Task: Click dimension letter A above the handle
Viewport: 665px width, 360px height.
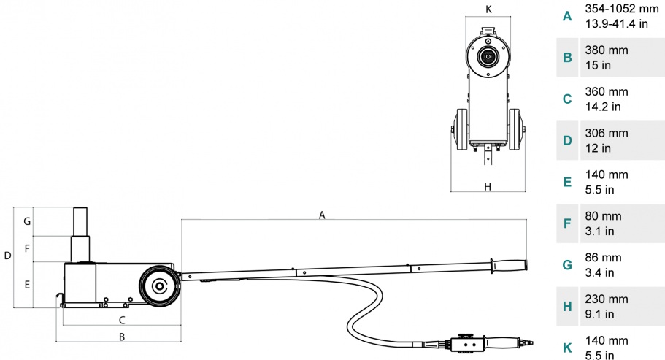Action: (322, 215)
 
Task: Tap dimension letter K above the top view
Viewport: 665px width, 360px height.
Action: (488, 9)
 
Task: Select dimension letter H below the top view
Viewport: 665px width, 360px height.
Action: (488, 187)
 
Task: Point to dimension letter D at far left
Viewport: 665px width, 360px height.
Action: (7, 256)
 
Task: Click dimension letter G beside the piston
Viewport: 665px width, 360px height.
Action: (27, 221)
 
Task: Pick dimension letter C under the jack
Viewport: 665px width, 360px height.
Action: (122, 320)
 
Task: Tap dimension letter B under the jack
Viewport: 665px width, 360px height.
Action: (122, 337)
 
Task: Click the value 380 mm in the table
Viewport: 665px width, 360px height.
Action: (607, 50)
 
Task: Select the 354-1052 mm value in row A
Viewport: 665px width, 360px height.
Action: (622, 9)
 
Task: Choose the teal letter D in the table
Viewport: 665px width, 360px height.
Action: (567, 140)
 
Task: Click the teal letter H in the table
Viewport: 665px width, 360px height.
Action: (567, 306)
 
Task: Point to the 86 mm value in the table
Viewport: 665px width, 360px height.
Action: (603, 257)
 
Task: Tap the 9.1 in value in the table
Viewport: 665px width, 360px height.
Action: (600, 314)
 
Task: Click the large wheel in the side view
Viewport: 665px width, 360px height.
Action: (159, 286)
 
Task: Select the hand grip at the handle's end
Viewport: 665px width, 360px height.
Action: (509, 266)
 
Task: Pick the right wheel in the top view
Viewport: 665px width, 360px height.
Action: (516, 129)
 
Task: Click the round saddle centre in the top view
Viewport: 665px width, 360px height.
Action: (488, 56)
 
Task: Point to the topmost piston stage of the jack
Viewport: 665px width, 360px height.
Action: (80, 221)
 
